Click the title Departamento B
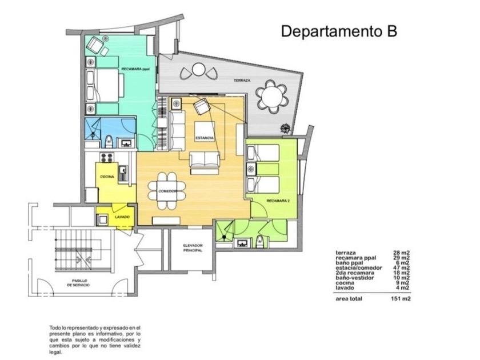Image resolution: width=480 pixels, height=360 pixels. [339, 31]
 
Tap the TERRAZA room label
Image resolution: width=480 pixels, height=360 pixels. [242, 81]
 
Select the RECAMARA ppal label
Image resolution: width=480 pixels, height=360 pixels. [135, 69]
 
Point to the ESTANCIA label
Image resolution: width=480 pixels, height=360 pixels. [205, 138]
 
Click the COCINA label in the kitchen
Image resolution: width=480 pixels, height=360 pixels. [107, 177]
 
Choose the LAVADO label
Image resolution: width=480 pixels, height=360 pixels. [122, 217]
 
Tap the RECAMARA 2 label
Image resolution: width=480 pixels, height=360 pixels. [278, 201]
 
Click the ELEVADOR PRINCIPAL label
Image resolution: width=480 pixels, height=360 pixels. [193, 247]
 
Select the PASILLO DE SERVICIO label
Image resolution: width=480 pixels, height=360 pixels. [78, 282]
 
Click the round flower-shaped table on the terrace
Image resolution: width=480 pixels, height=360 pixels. [272, 96]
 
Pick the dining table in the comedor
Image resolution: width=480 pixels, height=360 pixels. [167, 191]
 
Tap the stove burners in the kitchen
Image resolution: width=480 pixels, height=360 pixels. [107, 158]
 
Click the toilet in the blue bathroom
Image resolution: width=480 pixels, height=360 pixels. [109, 142]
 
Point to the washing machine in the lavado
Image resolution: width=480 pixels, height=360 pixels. [102, 219]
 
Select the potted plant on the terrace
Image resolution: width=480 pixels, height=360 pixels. [285, 129]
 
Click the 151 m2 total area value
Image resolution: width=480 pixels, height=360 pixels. [401, 299]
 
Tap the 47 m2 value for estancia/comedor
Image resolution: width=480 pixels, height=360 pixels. [401, 268]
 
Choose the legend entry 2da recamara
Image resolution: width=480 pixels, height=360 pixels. [355, 273]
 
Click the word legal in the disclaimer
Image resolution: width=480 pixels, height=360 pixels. [55, 353]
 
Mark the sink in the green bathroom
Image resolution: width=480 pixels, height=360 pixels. [242, 243]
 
